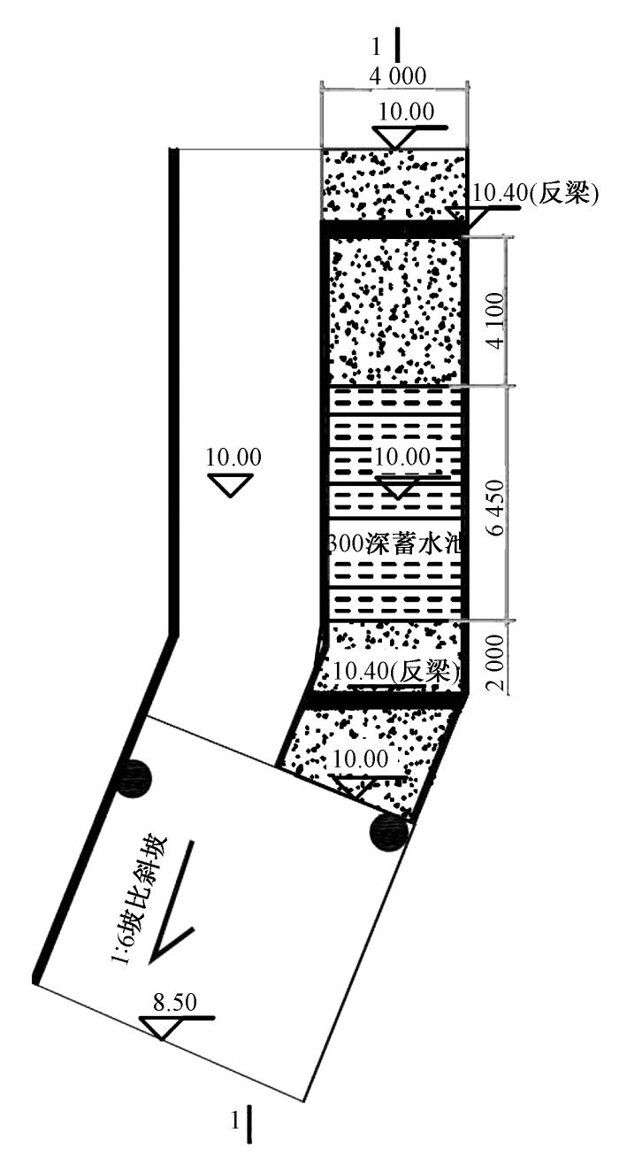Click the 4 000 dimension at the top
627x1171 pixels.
397,76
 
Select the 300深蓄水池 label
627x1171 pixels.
396,543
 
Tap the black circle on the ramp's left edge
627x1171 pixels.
134,778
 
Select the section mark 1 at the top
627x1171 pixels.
389,45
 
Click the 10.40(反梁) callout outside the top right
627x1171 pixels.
536,194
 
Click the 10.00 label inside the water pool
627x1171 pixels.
401,458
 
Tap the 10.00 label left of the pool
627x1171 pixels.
233,458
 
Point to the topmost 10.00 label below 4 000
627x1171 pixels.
406,112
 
